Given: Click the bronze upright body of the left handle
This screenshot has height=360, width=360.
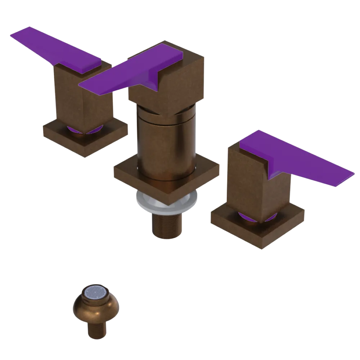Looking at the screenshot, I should (x=83, y=97).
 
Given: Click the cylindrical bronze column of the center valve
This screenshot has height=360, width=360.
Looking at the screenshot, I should (x=166, y=144).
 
